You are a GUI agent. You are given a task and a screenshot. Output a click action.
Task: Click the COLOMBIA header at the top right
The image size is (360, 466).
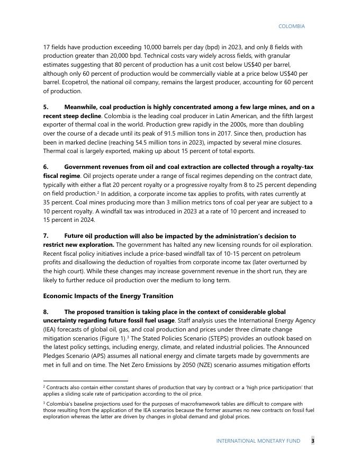pyautogui.click(x=291, y=26)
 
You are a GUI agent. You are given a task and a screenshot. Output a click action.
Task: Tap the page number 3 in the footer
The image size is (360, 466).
pyautogui.click(x=312, y=441)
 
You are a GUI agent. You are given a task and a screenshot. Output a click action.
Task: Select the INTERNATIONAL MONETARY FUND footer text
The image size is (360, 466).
pyautogui.click(x=258, y=441)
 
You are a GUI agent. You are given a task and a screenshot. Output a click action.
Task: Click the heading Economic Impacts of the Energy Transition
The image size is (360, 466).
pyautogui.click(x=108, y=295)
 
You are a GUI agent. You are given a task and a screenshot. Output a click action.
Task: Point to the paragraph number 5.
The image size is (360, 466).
pyautogui.click(x=46, y=107)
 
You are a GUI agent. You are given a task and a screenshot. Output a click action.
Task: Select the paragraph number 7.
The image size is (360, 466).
pyautogui.click(x=46, y=236)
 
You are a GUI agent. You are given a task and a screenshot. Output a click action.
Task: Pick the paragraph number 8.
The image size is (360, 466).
pyautogui.click(x=46, y=312)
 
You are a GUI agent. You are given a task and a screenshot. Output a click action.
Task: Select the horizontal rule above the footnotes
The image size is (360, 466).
pyautogui.click(x=85, y=380)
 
